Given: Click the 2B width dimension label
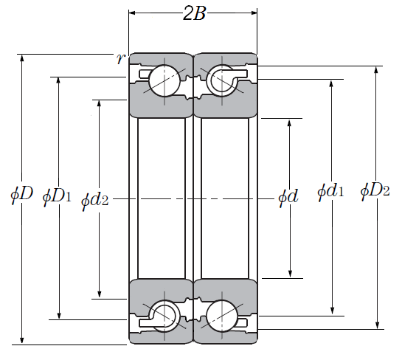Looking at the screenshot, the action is (194, 13).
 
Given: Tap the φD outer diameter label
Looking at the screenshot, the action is (22, 194).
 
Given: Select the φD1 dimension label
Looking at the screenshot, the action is (57, 197).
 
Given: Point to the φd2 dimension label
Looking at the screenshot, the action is (95, 200).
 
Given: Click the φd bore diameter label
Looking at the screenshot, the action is (288, 197).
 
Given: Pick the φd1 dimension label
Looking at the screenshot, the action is (330, 191).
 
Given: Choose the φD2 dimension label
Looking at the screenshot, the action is (375, 191).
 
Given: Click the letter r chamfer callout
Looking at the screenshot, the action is (120, 59).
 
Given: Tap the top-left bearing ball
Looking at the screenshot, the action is (164, 80).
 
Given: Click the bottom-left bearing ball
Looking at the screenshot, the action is (164, 316).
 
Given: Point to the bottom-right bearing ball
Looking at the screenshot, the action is (222, 316).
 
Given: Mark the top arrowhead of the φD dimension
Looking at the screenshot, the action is (22, 58).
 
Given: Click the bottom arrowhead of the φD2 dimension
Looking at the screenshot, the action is (377, 325).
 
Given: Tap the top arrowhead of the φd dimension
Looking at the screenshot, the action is (289, 123).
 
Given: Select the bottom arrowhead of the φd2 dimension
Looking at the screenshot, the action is (100, 294).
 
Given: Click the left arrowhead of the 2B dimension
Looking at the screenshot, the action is (132, 13).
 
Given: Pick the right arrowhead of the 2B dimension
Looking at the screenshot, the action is (254, 13).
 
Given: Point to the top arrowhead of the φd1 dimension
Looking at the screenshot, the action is (331, 84).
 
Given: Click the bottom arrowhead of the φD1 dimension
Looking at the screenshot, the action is (59, 315).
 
